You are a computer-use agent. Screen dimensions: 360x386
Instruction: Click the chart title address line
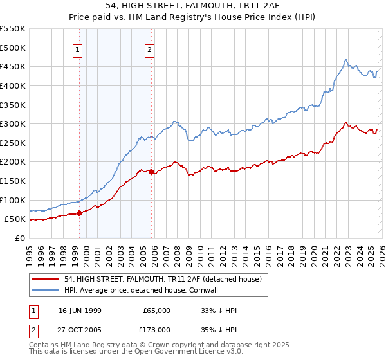pos(193,6)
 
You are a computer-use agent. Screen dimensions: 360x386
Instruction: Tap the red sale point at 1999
pos(79,213)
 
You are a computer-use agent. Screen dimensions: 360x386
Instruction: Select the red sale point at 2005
pos(151,172)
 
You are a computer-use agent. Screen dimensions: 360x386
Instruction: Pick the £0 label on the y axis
pos(21,239)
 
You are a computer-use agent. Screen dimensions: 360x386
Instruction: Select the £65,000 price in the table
pos(156,310)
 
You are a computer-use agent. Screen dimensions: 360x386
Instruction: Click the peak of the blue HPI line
pos(346,60)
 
